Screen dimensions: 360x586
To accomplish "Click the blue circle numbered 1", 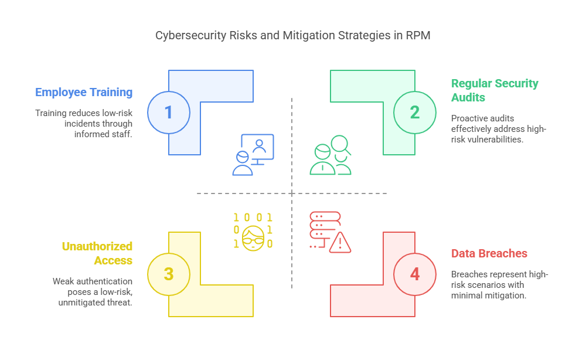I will tap(169, 112).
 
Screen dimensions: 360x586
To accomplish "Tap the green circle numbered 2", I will tap(415, 112).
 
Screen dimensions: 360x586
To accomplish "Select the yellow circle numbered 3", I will tap(169, 274).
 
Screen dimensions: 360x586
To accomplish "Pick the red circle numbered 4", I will tap(415, 274).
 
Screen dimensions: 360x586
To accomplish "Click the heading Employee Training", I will tap(84, 92).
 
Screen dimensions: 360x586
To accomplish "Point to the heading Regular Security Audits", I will tap(495, 90).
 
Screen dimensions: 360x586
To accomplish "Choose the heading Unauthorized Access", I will tap(97, 253).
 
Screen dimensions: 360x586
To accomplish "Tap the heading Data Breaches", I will tap(489, 253).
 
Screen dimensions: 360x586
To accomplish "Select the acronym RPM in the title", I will tap(419, 36).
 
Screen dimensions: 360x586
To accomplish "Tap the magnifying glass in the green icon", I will tap(340, 144).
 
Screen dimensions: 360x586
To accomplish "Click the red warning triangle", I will tap(340, 242).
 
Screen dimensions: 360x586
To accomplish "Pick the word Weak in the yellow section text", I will tap(64, 281).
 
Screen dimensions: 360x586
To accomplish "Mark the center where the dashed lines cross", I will tap(292, 193).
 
